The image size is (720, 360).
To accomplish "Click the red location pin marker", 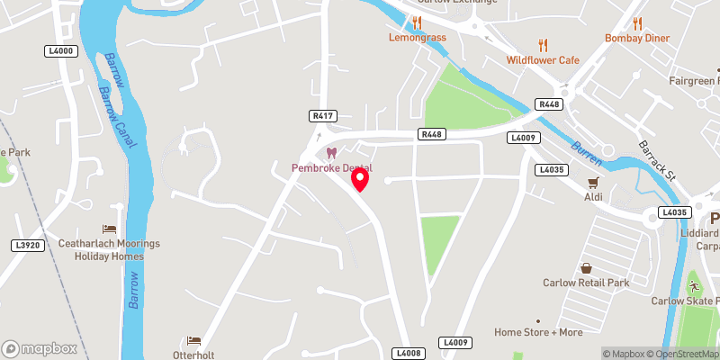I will point(360,178).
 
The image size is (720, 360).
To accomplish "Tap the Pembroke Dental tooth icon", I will point(331,154).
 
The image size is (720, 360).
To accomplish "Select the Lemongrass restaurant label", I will point(418,39).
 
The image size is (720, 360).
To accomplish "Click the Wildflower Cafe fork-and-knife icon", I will point(543,45).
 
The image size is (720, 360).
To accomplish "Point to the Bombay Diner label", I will point(638,39).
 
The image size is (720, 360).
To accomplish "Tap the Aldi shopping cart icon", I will point(593,182).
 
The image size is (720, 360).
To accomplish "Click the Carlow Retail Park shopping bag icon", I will point(587,268).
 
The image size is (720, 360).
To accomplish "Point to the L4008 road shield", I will point(409,355).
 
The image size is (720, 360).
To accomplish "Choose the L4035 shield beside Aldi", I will point(551,169).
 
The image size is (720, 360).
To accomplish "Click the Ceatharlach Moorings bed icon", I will point(109,229).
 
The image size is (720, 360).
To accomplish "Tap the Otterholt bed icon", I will point(193,340).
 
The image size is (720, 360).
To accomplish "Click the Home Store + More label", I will point(538,332).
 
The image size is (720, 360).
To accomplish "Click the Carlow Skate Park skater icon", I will point(694,286).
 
